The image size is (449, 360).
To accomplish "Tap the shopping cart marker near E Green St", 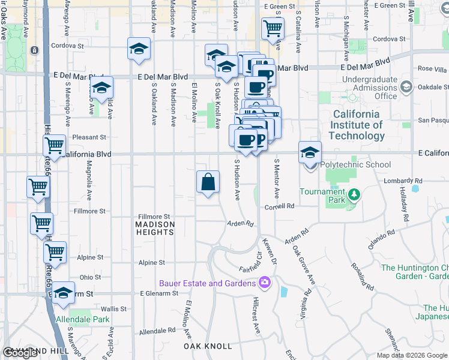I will [273, 28].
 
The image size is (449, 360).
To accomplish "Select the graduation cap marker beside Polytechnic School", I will [310, 153].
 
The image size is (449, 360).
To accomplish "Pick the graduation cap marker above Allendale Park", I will [62, 293].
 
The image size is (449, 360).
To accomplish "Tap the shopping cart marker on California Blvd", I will [55, 146].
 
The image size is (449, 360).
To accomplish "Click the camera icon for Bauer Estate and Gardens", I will [265, 283].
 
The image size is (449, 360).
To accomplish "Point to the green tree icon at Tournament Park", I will [354, 194].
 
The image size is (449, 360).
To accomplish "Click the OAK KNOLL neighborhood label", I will [208, 346].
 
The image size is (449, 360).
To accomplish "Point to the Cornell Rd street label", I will [279, 206].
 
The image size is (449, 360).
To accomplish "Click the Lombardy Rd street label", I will [406, 180].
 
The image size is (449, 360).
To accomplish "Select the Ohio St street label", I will [90, 277].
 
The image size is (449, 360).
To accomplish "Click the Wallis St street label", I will [114, 308].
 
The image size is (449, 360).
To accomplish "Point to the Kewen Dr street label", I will [268, 253].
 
